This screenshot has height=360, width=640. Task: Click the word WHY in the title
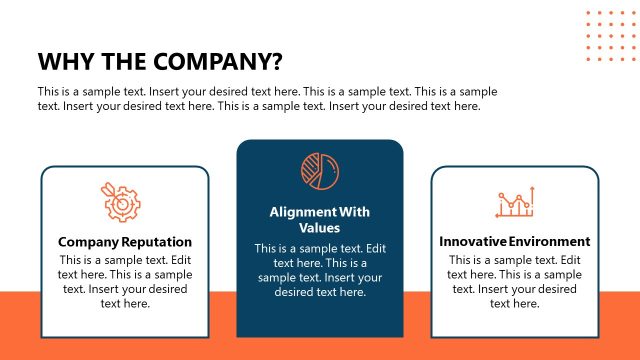pos(62,61)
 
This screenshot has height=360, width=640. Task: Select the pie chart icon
pos(319,171)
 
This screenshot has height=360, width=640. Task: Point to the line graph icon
pos(515,202)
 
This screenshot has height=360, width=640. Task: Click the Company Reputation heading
pos(125,242)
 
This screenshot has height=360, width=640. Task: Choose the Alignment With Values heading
pos(319,220)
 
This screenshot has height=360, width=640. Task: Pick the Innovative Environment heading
pos(514,242)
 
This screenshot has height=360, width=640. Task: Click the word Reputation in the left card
pos(157,242)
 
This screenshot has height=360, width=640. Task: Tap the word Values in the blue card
pos(319,228)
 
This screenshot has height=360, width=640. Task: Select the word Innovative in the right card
pos(473,242)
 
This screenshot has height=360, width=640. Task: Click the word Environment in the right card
pos(549,242)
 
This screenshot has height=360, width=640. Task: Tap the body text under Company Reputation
pos(125,282)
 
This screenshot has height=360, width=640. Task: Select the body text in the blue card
pos(319,270)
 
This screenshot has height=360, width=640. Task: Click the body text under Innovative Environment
pos(514,282)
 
